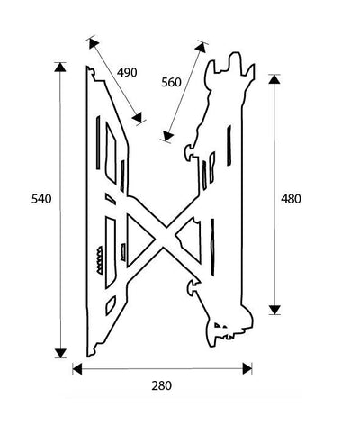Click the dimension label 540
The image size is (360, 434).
click(41, 199)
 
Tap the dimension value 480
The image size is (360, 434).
click(291, 199)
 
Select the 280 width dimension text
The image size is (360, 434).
click(162, 385)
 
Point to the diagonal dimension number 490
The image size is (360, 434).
click(127, 73)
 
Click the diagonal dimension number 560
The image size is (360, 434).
click(171, 82)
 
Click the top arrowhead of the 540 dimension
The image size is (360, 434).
click(60, 68)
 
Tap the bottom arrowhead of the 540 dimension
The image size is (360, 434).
click(60, 353)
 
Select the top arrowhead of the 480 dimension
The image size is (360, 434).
click(274, 79)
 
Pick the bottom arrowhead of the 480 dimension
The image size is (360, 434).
click(274, 310)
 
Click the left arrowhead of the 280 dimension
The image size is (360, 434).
click(77, 369)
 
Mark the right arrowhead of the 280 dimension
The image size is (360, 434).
click(247, 368)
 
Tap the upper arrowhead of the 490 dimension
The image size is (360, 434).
click(94, 43)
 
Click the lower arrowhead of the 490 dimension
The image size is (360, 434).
click(138, 118)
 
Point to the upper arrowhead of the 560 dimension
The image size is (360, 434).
click(202, 48)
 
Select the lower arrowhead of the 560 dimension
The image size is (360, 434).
click(167, 136)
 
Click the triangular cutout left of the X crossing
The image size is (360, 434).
click(139, 240)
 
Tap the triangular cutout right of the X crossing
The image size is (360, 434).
click(190, 240)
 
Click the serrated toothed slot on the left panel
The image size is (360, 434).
click(99, 260)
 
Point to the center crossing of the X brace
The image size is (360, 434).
click(165, 238)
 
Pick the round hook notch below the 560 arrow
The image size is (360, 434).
click(189, 152)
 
